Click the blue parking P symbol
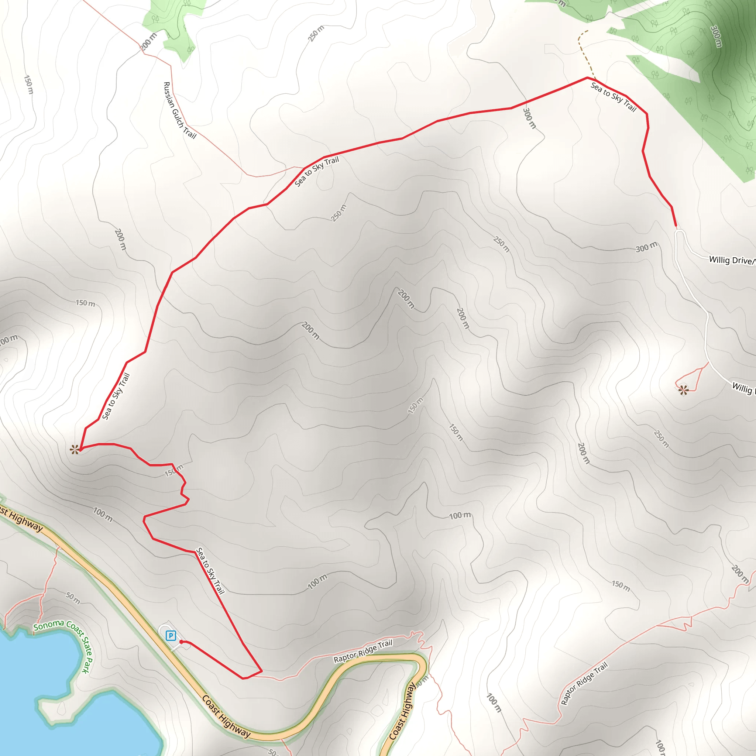171,636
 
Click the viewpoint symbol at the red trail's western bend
74,450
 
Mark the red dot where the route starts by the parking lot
181,642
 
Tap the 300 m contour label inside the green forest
716,37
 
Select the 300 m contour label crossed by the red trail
529,118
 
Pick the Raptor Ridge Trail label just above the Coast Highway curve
363,652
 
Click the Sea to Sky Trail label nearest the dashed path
613,97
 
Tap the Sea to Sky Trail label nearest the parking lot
210,571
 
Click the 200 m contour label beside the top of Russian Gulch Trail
148,41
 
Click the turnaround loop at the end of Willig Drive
680,234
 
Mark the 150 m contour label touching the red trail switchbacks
174,471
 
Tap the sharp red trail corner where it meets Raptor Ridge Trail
262,671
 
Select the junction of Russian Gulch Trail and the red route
305,169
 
